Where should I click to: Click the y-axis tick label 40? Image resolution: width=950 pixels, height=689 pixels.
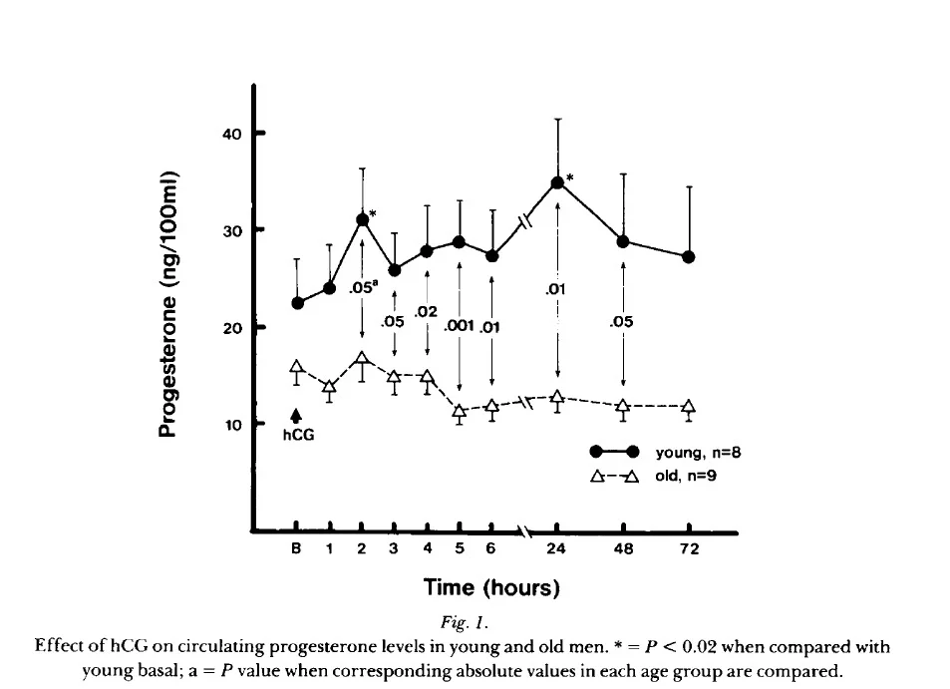230,133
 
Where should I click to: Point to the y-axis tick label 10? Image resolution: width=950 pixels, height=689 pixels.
230,425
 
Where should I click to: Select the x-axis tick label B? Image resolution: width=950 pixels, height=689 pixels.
296,549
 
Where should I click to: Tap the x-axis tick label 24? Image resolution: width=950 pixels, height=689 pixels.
556,549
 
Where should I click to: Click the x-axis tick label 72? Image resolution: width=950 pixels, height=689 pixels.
690,549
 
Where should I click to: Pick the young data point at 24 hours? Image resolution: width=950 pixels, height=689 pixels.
557,182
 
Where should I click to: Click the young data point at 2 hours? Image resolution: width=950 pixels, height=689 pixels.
362,219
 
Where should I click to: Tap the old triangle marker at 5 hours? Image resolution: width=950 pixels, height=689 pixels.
460,411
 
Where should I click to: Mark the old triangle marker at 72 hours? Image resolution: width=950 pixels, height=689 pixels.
689,407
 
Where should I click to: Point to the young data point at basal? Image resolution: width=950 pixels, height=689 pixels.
296,303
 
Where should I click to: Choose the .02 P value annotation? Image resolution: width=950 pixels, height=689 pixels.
427,312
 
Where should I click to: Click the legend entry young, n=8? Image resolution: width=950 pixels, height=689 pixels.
698,451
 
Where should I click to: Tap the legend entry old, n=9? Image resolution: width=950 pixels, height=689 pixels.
686,476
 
